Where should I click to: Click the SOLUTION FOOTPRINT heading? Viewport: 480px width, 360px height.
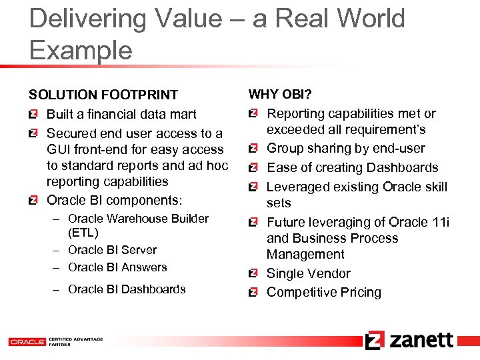coord(103,95)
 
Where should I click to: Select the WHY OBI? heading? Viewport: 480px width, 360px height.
coord(280,95)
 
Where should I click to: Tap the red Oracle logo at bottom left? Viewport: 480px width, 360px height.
coord(27,341)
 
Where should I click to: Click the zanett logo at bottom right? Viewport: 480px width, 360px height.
coord(409,340)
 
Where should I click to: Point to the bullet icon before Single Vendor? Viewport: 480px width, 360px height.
coord(253,274)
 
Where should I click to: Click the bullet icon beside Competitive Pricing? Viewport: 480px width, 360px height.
coord(253,293)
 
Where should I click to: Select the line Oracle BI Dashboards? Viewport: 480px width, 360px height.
coord(127,289)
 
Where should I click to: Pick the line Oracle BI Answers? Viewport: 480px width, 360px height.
coord(117,267)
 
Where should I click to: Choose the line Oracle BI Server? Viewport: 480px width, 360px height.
coord(112,250)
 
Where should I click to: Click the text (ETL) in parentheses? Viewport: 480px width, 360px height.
coord(83,233)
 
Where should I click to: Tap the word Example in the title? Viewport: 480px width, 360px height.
coord(81,50)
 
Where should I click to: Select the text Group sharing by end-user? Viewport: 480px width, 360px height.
coord(345,149)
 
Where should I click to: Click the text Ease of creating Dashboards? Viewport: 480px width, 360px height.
coord(352,168)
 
